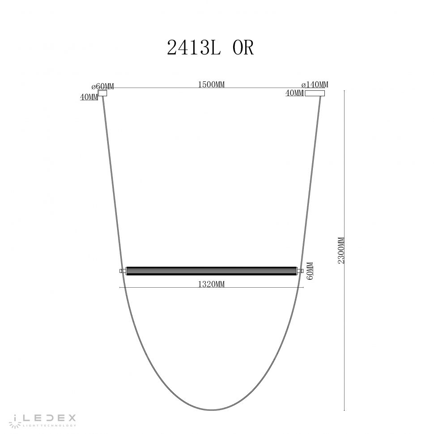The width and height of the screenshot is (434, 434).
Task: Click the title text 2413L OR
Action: (x=210, y=47)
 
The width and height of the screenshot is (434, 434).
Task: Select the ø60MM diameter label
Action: (x=102, y=86)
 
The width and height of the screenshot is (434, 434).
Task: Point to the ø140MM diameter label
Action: (x=315, y=85)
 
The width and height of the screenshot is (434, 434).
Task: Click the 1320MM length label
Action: (x=210, y=284)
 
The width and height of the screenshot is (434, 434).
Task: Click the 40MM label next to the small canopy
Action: (x=89, y=97)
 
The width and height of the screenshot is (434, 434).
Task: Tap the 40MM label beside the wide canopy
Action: (x=294, y=93)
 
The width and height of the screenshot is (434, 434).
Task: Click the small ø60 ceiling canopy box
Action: (x=103, y=94)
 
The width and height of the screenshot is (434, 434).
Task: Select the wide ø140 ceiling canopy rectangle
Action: (x=315, y=93)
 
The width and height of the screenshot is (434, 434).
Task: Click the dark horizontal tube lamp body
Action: (x=213, y=271)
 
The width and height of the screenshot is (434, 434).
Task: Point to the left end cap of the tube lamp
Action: (x=122, y=271)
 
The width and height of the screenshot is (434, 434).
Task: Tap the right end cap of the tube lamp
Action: (x=302, y=271)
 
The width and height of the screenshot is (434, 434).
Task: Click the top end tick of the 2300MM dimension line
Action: (x=344, y=90)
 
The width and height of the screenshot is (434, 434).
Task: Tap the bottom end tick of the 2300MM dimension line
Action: (x=344, y=410)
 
